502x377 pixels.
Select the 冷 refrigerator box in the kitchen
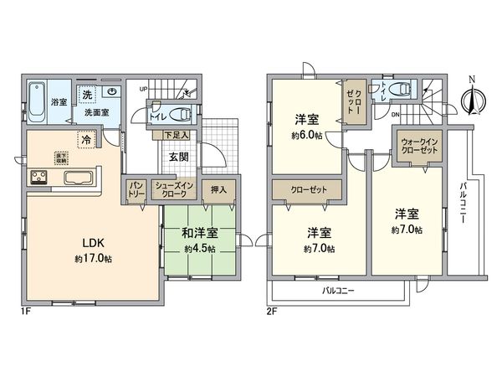(x=85, y=140)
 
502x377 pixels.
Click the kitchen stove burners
(x=39, y=177)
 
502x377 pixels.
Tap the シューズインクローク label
(x=173, y=189)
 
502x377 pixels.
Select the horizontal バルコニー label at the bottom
(x=339, y=291)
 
